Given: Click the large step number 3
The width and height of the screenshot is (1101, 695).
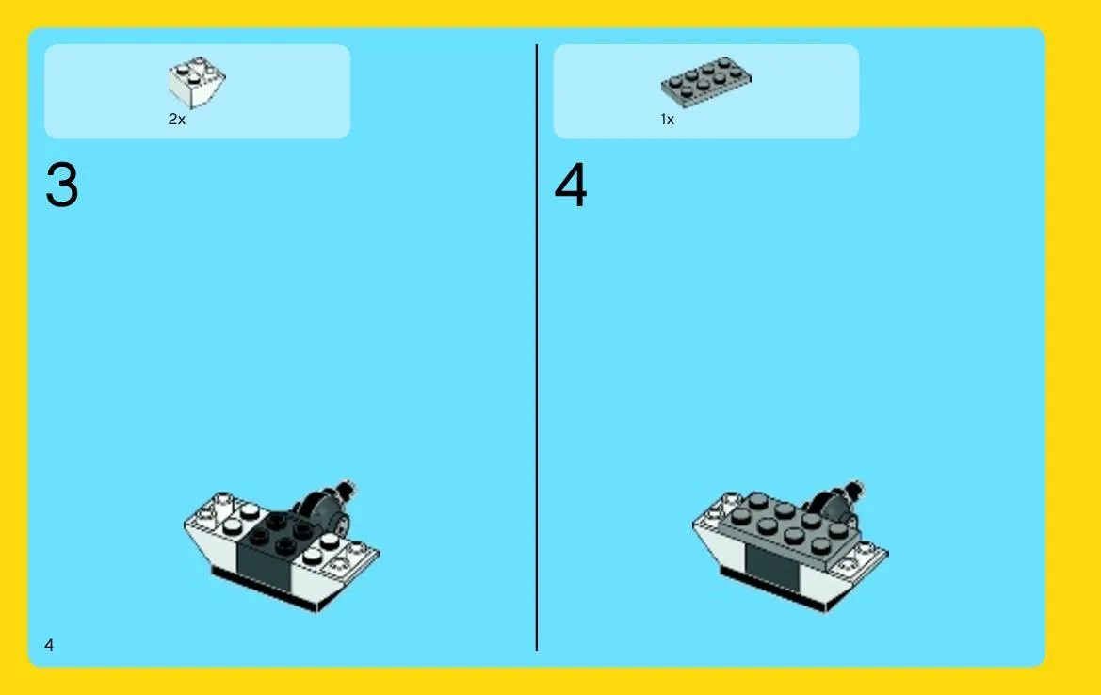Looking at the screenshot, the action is click(62, 185).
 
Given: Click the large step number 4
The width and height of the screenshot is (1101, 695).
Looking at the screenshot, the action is click(570, 185).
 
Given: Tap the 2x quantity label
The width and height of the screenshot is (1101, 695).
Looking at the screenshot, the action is click(177, 120).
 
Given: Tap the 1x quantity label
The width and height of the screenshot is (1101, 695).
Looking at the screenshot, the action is click(667, 120).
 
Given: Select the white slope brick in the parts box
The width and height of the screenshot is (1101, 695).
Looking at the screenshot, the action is click(197, 82).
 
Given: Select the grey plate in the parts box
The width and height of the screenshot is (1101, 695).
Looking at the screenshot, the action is click(705, 82).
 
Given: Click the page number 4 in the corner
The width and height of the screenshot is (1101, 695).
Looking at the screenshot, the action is click(49, 644).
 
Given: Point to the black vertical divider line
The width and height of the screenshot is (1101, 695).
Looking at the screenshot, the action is click(537, 347).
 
